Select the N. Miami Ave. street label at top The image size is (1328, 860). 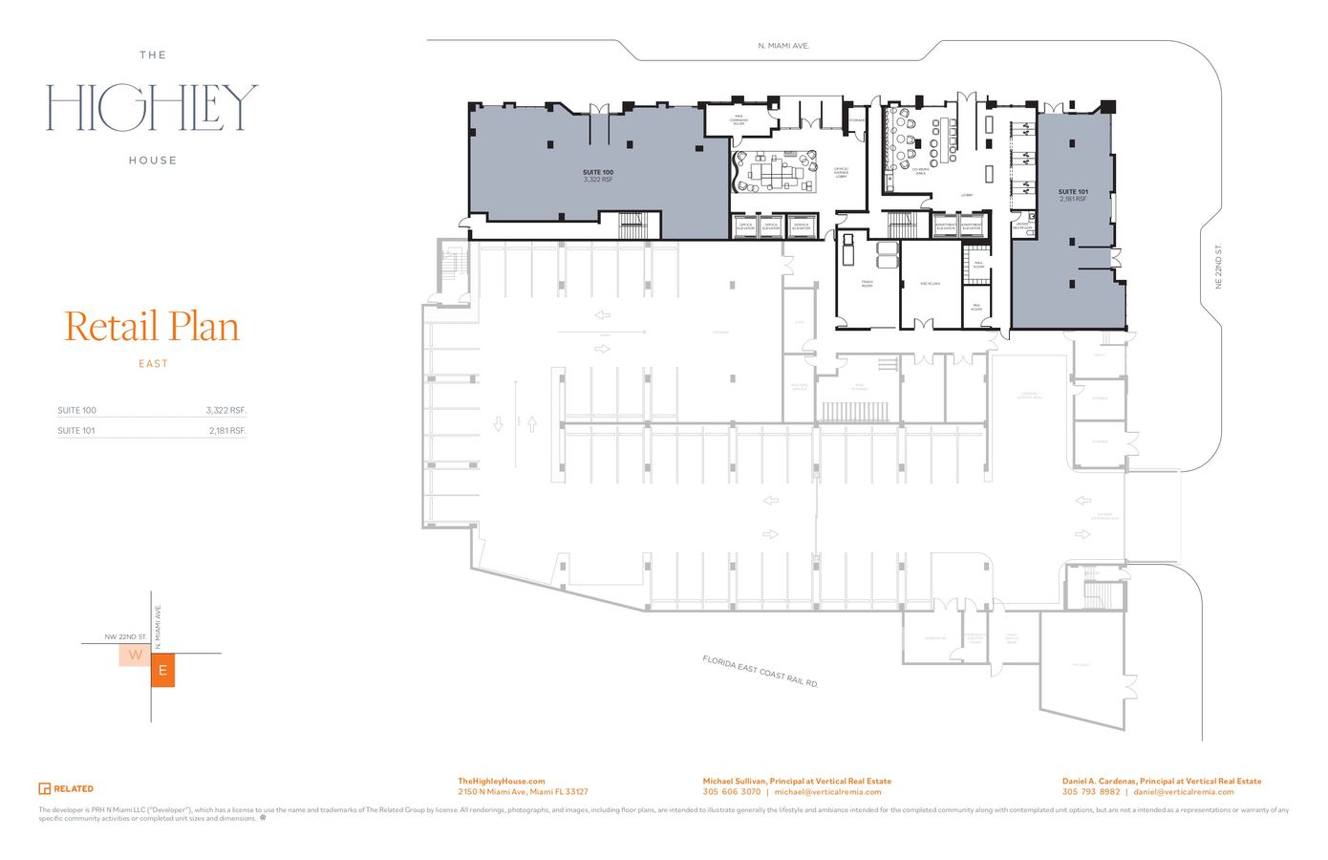(783, 46)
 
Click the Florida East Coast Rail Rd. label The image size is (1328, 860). (760, 672)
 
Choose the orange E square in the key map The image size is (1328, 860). (162, 671)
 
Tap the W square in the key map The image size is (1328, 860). (135, 655)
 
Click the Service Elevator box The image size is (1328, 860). (801, 226)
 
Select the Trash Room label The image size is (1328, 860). (867, 285)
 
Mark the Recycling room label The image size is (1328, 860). (931, 284)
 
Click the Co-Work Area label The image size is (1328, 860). (919, 172)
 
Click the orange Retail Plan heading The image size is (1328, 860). (152, 327)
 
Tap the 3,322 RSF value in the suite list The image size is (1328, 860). (225, 411)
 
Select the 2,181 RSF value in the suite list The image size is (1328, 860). (227, 431)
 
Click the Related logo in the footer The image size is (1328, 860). (66, 788)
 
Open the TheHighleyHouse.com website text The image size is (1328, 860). (502, 781)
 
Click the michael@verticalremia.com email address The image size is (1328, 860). (827, 792)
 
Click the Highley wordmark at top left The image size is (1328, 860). (153, 108)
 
